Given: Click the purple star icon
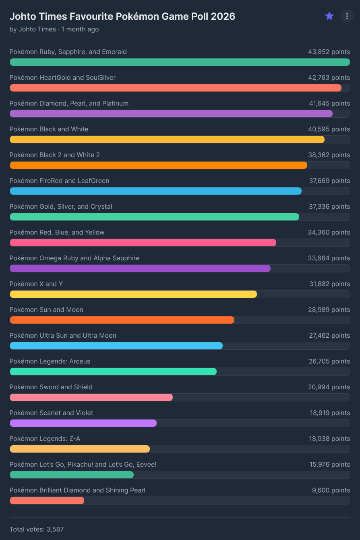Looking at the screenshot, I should click(329, 16).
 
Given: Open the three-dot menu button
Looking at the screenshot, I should click(347, 16).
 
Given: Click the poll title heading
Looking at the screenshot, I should click(122, 16).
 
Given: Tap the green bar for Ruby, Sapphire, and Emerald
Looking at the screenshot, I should click(180, 62).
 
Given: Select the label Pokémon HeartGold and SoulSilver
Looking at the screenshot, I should click(62, 77).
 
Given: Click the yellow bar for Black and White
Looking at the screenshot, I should click(167, 139).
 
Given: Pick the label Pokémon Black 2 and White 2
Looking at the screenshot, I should click(55, 155).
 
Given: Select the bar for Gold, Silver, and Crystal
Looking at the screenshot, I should click(154, 217).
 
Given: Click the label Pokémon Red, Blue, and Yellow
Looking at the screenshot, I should click(57, 232).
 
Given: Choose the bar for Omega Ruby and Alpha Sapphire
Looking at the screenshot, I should click(140, 268).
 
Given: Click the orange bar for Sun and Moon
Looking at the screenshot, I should click(122, 320).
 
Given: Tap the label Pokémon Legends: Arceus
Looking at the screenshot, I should click(50, 361).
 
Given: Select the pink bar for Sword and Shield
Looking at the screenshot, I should click(91, 397).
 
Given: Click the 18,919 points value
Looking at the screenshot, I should click(329, 413).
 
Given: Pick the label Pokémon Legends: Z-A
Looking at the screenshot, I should click(45, 438).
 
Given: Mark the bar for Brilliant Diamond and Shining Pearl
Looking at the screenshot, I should click(47, 501).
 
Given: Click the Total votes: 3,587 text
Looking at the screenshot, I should click(37, 529).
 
